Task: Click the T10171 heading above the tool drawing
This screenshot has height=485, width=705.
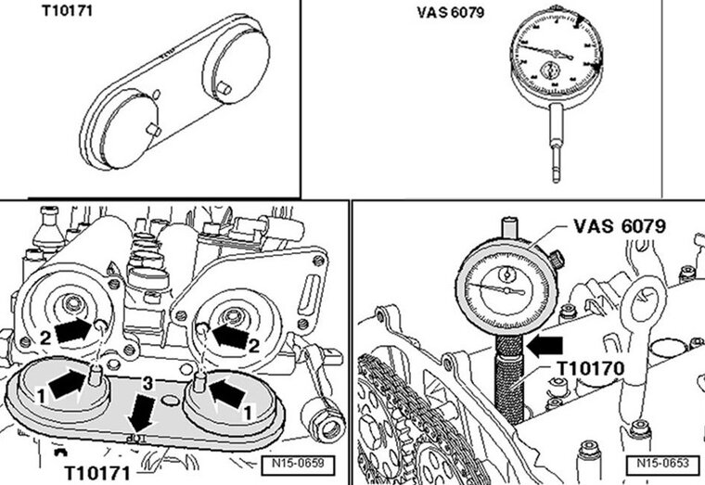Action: pyautogui.click(x=61, y=13)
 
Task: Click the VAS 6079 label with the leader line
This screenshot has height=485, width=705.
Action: pyautogui.click(x=619, y=225)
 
